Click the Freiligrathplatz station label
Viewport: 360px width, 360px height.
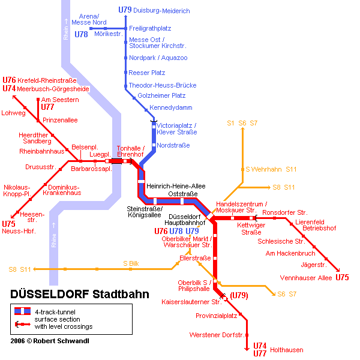[150, 28]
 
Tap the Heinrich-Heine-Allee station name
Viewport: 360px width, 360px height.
[176, 186]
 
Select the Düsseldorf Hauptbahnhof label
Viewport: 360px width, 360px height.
[185, 220]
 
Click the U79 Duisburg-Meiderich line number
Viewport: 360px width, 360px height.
[125, 10]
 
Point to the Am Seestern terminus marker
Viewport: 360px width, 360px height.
[38, 100]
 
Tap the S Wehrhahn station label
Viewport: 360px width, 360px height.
[263, 169]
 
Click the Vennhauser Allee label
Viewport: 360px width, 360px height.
[306, 278]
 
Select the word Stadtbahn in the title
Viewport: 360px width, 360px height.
[121, 294]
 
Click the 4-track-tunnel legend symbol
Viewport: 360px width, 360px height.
[23, 311]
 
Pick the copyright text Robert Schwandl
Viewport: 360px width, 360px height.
[61, 341]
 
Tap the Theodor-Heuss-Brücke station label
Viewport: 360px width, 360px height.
[163, 85]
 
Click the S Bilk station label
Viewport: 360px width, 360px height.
[131, 263]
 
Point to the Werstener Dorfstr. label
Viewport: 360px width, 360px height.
[217, 335]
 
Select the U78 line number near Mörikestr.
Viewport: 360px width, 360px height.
[81, 34]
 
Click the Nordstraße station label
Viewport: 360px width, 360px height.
[173, 145]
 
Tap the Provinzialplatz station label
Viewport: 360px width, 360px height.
[216, 316]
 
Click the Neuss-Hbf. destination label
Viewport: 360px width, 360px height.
[19, 231]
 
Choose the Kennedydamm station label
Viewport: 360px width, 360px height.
[171, 107]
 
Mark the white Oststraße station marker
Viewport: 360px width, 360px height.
[182, 202]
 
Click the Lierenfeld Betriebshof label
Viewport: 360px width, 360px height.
[316, 225]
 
